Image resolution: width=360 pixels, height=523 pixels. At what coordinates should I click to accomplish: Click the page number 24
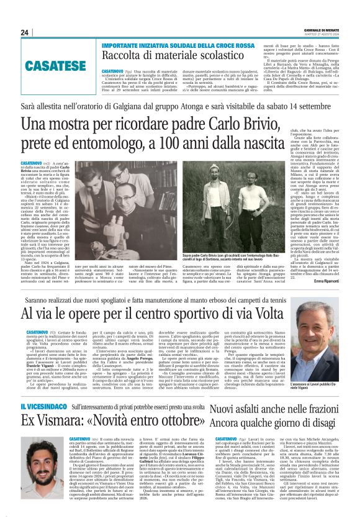[x=24, y=33]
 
